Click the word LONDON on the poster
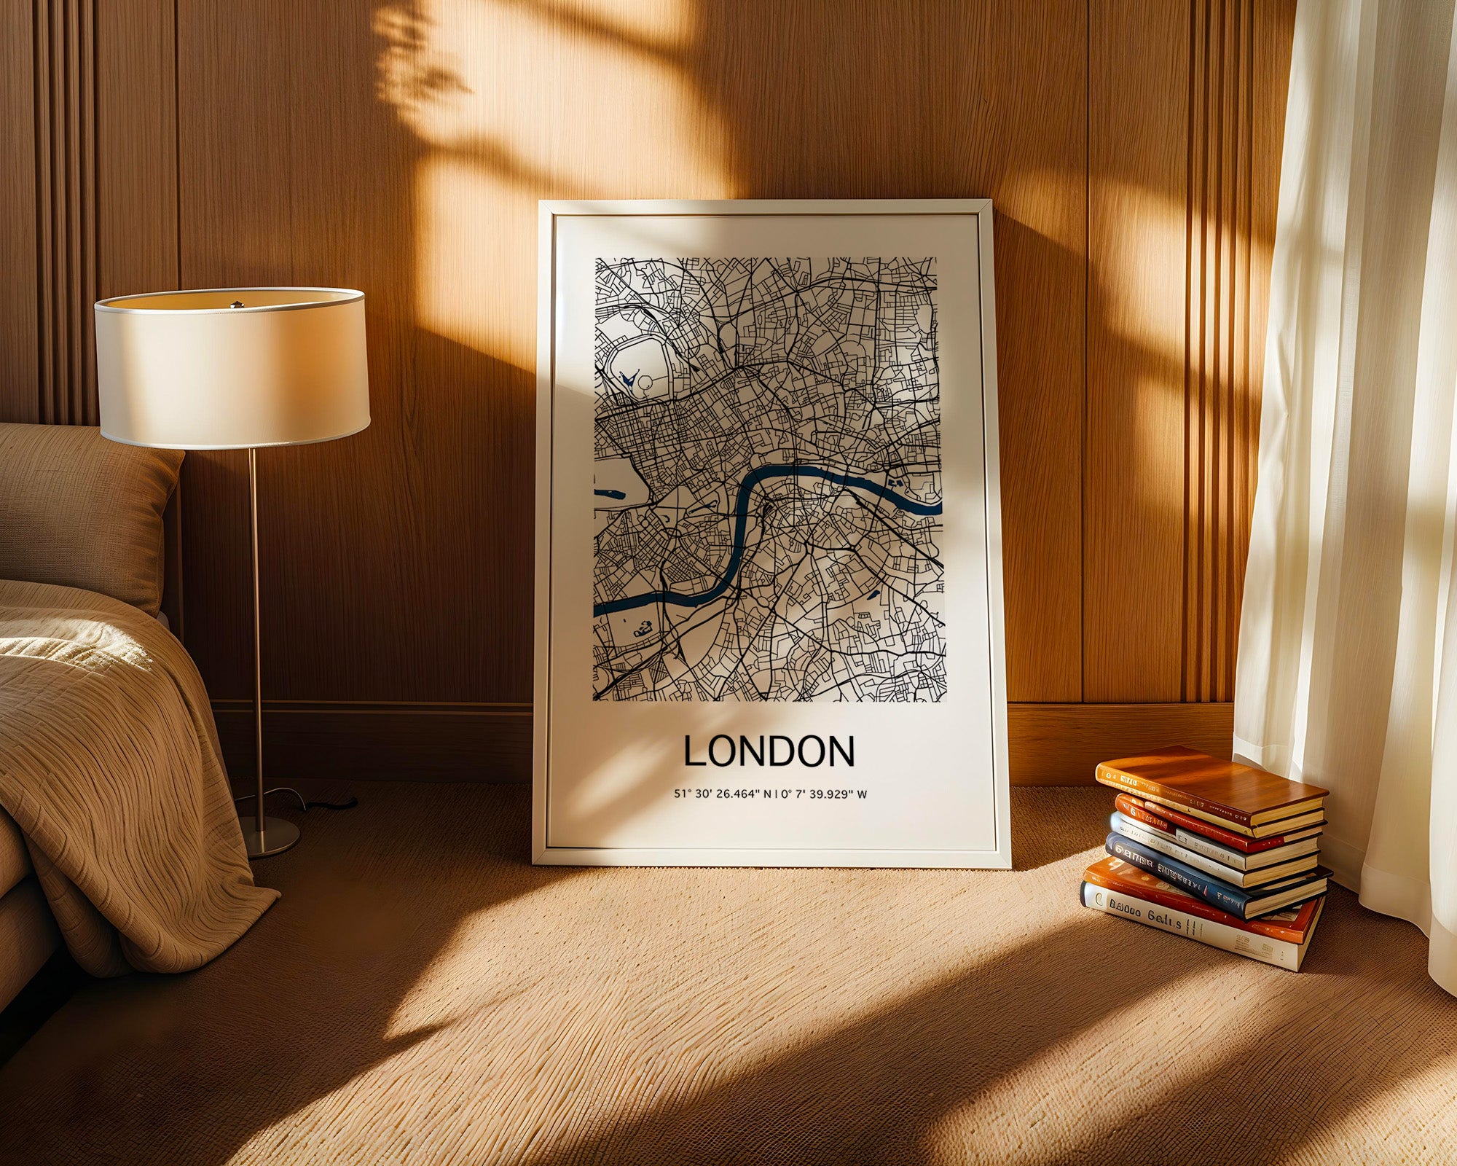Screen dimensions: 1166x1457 tap(769, 752)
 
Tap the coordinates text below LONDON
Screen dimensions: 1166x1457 tap(770, 794)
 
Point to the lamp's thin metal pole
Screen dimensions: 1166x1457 tap(255, 619)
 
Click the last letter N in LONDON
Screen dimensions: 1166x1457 tap(841, 752)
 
